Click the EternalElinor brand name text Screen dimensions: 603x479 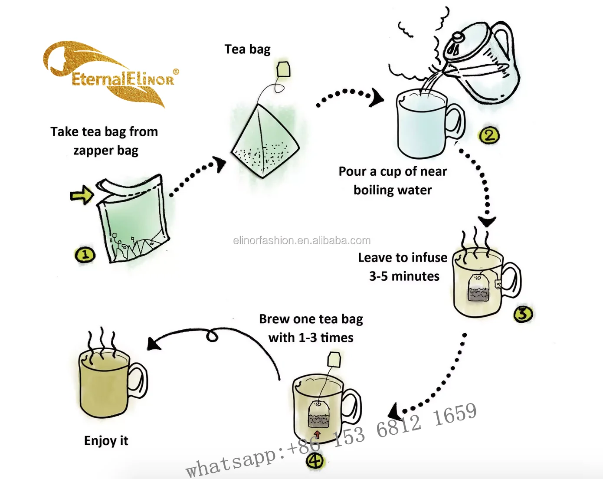pyautogui.click(x=123, y=79)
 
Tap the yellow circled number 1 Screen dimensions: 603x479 pyautogui.click(x=85, y=255)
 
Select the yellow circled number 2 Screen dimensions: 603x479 pyautogui.click(x=489, y=135)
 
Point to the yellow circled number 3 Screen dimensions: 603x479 pyautogui.click(x=523, y=314)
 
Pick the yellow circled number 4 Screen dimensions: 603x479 pyautogui.click(x=315, y=460)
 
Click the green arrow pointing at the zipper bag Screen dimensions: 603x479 pyautogui.click(x=82, y=194)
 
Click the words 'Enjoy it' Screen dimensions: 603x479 pyautogui.click(x=106, y=440)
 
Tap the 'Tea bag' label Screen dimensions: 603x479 pyautogui.click(x=247, y=49)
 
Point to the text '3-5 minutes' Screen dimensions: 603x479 pyautogui.click(x=404, y=276)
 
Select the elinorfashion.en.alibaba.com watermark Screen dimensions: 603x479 pyautogui.click(x=302, y=240)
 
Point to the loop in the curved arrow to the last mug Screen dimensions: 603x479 pyautogui.click(x=212, y=336)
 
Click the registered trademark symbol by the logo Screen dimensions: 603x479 pyautogui.click(x=175, y=72)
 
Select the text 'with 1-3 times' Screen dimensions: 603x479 pyautogui.click(x=311, y=338)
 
